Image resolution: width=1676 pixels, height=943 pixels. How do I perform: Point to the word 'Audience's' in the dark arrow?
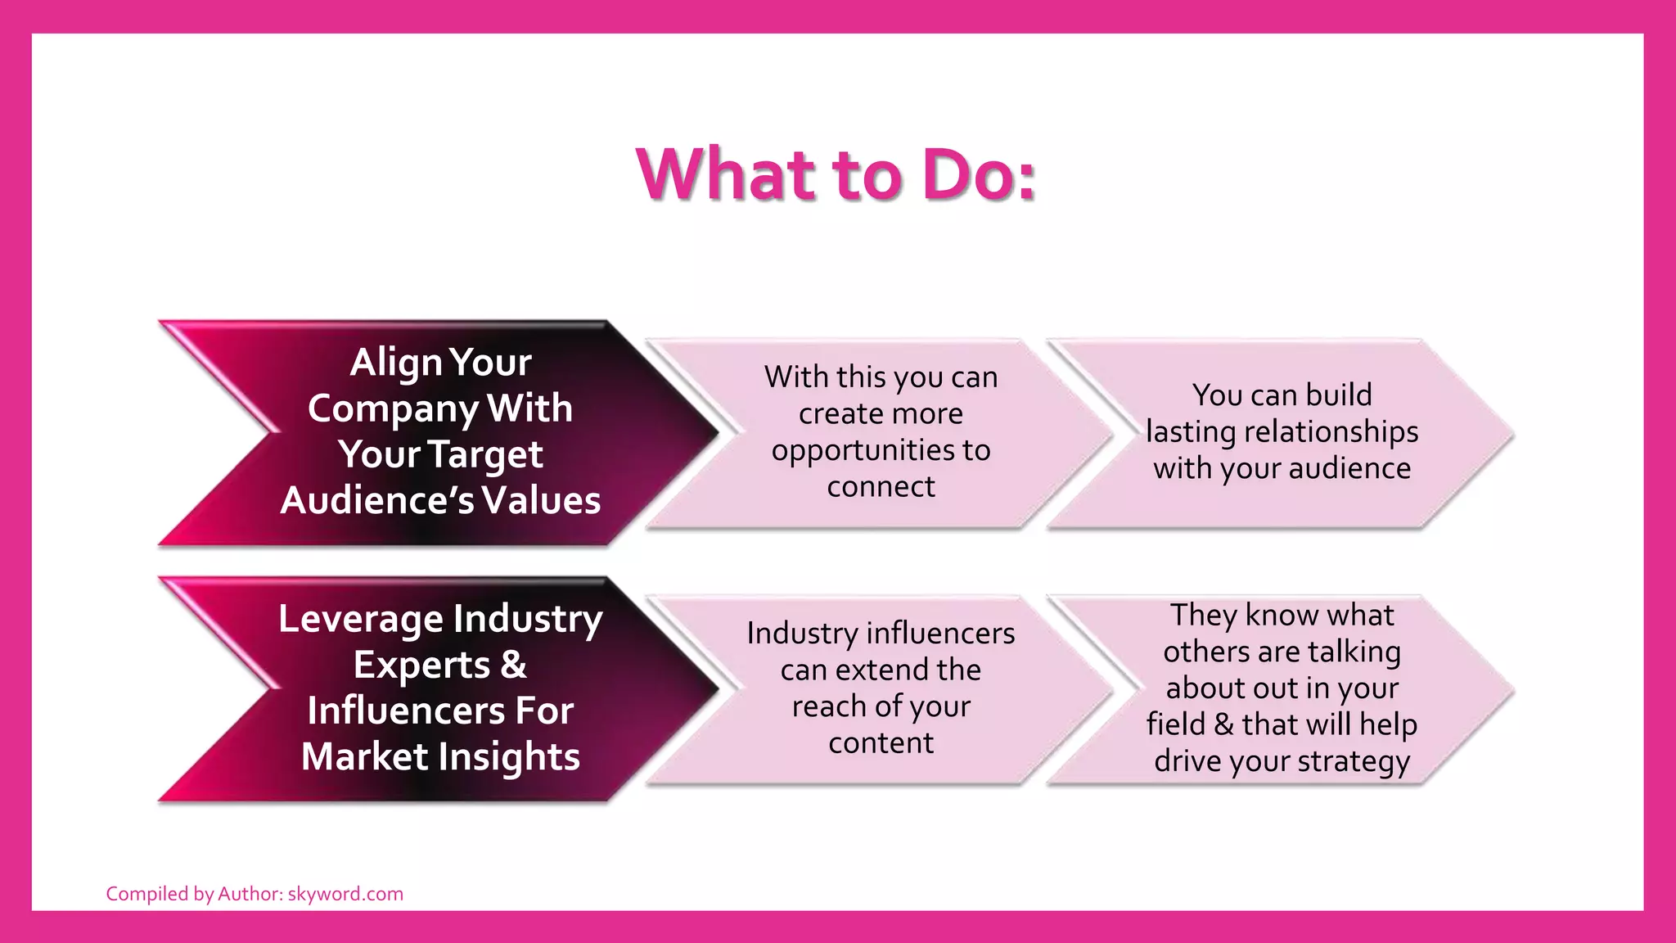[x=376, y=500]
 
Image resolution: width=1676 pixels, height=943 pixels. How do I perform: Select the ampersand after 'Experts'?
[x=513, y=664]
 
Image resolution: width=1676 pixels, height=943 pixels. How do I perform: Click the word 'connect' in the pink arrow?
[x=881, y=487]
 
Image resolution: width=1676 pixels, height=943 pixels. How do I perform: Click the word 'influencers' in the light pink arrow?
[x=940, y=634]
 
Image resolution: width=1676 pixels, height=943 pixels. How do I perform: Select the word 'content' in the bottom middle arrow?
[x=881, y=743]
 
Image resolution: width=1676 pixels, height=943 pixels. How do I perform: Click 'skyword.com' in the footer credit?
[x=345, y=894]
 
